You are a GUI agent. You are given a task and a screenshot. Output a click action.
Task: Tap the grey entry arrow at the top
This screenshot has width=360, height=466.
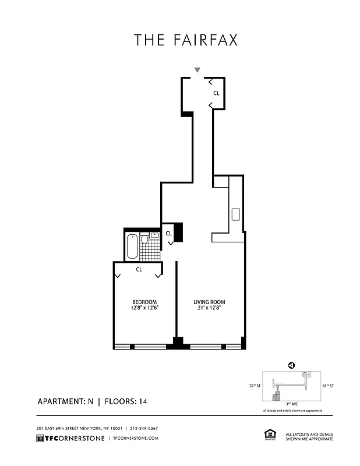point(197,70)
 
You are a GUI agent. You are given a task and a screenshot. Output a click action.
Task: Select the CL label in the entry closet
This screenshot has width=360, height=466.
point(216,93)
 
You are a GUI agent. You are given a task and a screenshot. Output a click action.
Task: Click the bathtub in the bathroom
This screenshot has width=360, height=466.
point(132,246)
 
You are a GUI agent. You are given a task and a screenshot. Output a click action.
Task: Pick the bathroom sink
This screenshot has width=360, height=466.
point(155,235)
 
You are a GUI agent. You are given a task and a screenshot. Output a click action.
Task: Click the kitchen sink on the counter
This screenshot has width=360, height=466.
point(236,214)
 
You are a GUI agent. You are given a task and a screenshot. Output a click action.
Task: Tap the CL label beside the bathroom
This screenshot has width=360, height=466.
point(168,234)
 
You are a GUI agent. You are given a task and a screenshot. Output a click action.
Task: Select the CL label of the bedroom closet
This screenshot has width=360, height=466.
point(139,269)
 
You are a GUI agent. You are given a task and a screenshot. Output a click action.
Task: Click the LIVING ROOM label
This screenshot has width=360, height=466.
point(210,302)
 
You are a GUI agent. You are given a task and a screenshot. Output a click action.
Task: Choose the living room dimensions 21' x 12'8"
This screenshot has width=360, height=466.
point(210,309)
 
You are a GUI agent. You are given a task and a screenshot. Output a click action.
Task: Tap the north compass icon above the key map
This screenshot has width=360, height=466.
point(291,365)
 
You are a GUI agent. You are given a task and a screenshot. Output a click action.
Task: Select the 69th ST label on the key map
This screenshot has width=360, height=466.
point(328,386)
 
